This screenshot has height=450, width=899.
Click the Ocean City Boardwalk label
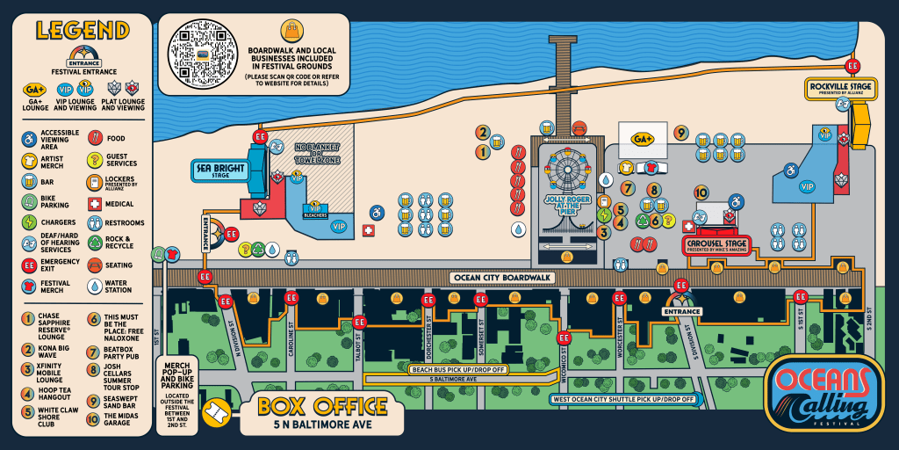[501, 278]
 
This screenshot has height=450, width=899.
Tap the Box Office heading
[322, 406]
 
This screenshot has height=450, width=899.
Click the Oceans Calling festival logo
[823, 393]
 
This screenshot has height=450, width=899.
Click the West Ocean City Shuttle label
[623, 399]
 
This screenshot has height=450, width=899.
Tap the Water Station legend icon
[94, 286]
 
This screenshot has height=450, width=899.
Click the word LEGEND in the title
[82, 30]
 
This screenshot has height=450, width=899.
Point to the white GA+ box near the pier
[643, 138]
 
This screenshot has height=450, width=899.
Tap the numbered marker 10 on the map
[701, 192]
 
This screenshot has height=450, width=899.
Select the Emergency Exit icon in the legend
[29, 264]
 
